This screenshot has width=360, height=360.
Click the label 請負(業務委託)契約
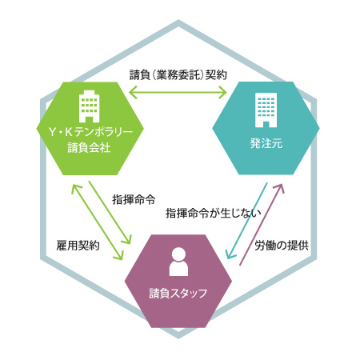[178, 75]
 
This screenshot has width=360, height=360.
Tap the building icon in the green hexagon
[90, 106]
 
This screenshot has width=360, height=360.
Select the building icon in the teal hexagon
[266, 110]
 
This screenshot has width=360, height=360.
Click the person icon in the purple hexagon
[178, 262]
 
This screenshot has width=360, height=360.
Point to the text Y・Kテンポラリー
[90, 132]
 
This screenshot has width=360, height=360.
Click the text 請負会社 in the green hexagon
[89, 147]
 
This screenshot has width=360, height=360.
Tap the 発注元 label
[266, 143]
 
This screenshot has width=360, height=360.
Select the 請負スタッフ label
[178, 294]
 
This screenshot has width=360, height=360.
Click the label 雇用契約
[78, 246]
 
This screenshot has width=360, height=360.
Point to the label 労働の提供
[282, 246]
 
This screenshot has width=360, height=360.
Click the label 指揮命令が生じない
[214, 213]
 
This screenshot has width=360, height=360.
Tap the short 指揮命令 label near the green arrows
[134, 199]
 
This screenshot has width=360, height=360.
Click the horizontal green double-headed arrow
[178, 93]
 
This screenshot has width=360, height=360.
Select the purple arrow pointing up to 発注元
[262, 224]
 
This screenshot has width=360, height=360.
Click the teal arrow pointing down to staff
[246, 221]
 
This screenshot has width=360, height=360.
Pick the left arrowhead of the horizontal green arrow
[133, 93]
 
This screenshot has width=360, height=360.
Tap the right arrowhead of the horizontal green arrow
[223, 93]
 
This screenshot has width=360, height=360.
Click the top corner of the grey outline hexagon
[178, 22]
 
